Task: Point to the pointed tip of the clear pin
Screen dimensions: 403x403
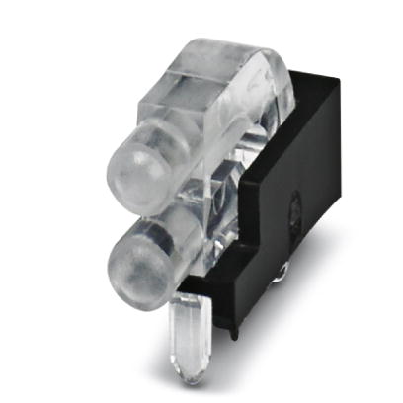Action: (189, 377)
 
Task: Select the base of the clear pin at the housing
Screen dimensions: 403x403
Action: (188, 302)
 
